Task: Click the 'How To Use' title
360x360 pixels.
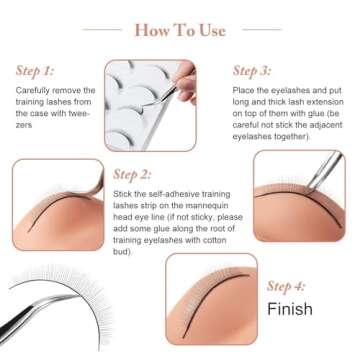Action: [x=180, y=30]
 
